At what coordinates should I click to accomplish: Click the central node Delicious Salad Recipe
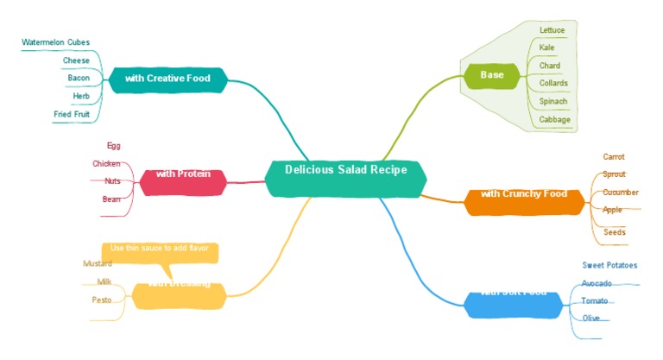pos(345,171)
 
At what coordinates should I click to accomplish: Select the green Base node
pos(492,75)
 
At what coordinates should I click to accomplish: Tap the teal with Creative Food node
pos(168,79)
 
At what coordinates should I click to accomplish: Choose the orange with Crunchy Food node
pos(523,194)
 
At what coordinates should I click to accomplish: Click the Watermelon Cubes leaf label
pos(55,42)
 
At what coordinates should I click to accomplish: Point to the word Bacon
pos(79,79)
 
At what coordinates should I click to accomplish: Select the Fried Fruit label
pos(72,114)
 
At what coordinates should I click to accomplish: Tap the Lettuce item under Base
pos(552,30)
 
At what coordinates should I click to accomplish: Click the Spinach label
pos(553,102)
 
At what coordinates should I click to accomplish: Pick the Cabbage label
pos(554,120)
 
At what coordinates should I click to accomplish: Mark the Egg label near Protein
pos(114,146)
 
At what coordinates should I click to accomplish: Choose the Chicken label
pos(106,164)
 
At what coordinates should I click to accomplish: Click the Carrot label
pos(614,157)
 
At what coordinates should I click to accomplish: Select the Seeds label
pos(615,232)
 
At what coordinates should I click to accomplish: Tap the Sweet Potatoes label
pos(609,266)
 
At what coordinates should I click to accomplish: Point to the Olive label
pos(591,319)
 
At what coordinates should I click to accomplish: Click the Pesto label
pos(102,300)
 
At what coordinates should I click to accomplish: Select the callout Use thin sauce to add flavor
pos(160,249)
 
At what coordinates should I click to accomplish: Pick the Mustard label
pos(98,264)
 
